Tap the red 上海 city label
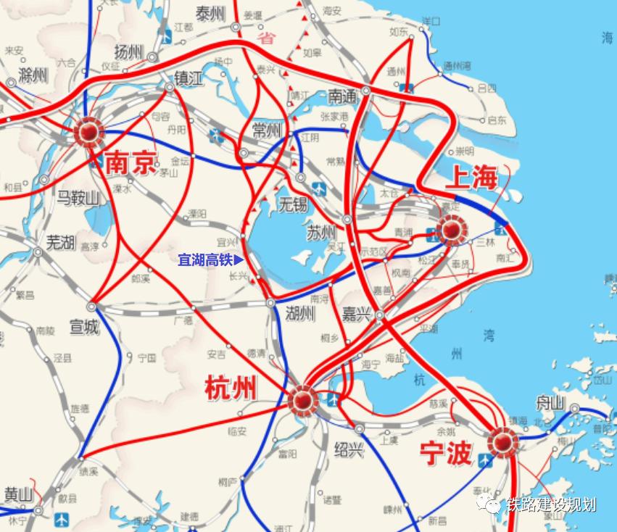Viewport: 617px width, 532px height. tap(471, 177)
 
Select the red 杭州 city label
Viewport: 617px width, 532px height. tap(231, 389)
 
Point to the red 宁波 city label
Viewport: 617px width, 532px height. tap(446, 453)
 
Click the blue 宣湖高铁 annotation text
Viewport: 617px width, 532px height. tap(207, 259)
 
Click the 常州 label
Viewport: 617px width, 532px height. tap(266, 130)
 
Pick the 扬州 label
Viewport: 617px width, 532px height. tap(131, 51)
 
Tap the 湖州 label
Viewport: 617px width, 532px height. tap(299, 314)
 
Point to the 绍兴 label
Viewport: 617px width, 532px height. tap(349, 449)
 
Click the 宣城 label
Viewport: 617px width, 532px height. tap(83, 328)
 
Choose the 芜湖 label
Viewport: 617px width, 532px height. tap(60, 242)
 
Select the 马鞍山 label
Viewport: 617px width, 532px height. tap(78, 198)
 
